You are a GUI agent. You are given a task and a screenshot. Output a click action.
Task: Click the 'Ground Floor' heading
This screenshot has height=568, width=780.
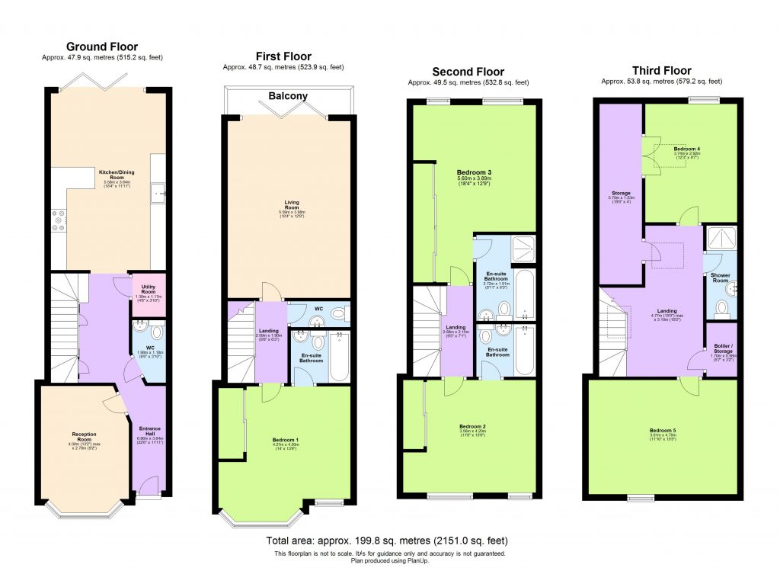[x=102, y=47]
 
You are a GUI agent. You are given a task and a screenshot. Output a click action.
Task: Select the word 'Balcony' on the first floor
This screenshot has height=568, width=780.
[x=288, y=96]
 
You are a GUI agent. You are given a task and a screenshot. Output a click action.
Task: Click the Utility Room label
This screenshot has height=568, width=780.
[x=149, y=287]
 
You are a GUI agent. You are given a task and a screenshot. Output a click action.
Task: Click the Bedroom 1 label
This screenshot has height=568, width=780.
[x=286, y=440]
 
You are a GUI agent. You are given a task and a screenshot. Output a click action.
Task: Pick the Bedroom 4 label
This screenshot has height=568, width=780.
[x=686, y=149]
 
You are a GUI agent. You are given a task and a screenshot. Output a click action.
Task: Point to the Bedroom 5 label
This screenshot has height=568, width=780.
[x=663, y=430]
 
